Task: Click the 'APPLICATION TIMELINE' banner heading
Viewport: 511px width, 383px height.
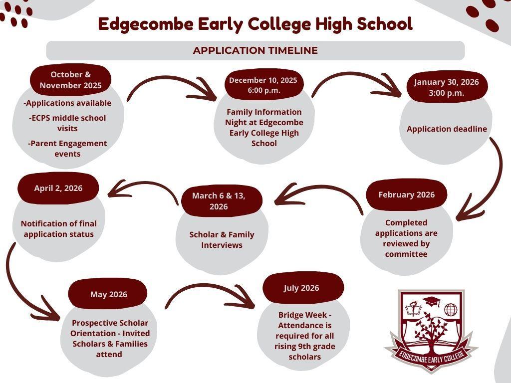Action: pyautogui.click(x=255, y=50)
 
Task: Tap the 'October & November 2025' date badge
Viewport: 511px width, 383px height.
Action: pyautogui.click(x=70, y=80)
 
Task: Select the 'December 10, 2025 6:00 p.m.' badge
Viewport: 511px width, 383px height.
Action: pyautogui.click(x=263, y=85)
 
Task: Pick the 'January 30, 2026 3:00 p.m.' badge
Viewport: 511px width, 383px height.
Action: pyautogui.click(x=447, y=87)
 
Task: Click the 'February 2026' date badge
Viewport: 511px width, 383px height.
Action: pyautogui.click(x=406, y=195)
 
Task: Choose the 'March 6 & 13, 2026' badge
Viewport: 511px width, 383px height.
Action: pyautogui.click(x=222, y=201)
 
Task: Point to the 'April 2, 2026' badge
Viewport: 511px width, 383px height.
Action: pyautogui.click(x=58, y=188)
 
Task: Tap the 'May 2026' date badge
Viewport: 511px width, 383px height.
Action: pyautogui.click(x=108, y=294)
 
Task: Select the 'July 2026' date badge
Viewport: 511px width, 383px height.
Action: pyautogui.click(x=303, y=288)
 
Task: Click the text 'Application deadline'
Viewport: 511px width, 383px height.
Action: pyautogui.click(x=447, y=129)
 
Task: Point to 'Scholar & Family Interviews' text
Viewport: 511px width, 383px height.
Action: pyautogui.click(x=222, y=240)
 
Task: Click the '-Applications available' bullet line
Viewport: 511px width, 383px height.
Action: pyautogui.click(x=67, y=103)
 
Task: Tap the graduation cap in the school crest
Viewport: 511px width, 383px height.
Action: pyautogui.click(x=431, y=301)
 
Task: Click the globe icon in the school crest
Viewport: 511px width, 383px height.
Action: pyautogui.click(x=451, y=310)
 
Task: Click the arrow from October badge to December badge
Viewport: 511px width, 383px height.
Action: pyautogui.click(x=170, y=79)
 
